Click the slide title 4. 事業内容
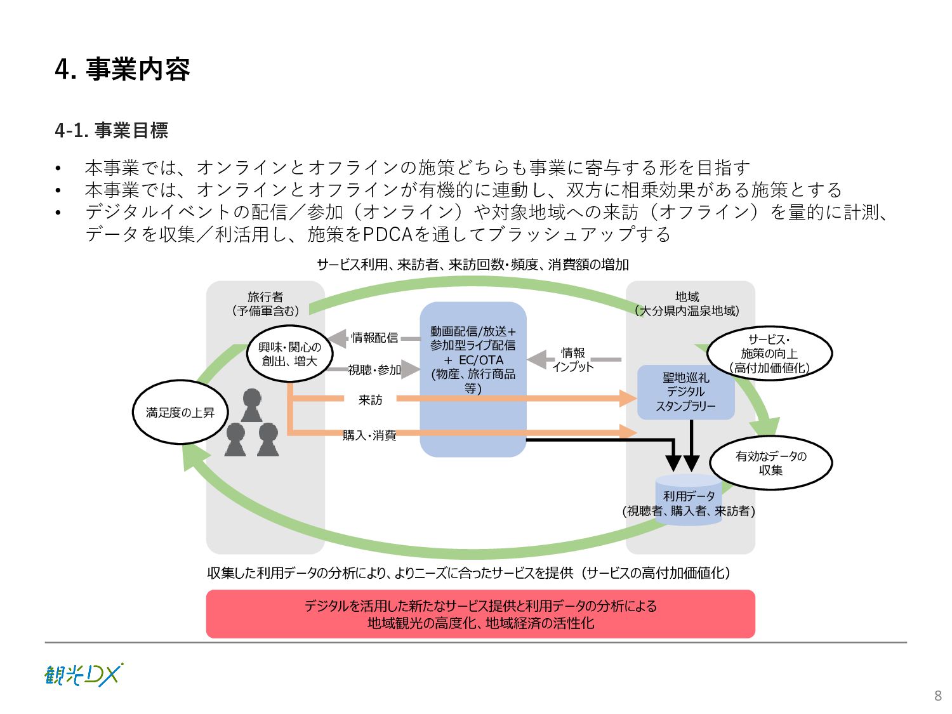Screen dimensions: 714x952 click(x=122, y=69)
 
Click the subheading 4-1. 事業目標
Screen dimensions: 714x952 click(x=112, y=130)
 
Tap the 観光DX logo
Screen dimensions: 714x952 click(x=83, y=675)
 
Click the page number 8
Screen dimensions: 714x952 click(x=937, y=696)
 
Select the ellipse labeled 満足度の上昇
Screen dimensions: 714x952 click(x=180, y=413)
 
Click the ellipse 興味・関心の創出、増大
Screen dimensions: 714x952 click(x=289, y=354)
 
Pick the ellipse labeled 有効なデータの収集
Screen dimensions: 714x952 click(x=770, y=463)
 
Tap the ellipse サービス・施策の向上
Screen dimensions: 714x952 click(x=769, y=354)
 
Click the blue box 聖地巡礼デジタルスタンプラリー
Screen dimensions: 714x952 click(x=685, y=392)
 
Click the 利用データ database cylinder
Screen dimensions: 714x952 click(x=689, y=501)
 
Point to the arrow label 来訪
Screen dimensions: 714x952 click(x=371, y=400)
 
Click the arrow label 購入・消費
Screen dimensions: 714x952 click(x=369, y=435)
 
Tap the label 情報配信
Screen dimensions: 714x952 click(x=374, y=338)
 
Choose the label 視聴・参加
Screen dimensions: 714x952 click(x=374, y=370)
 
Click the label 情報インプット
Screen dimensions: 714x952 click(x=572, y=359)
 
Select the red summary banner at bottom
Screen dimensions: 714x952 click(x=480, y=614)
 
